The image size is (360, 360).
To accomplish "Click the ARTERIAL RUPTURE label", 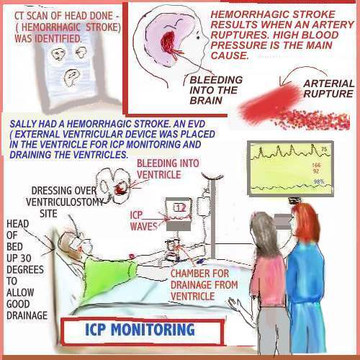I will pos(328,89).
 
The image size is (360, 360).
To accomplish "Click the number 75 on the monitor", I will pos(324,150).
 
